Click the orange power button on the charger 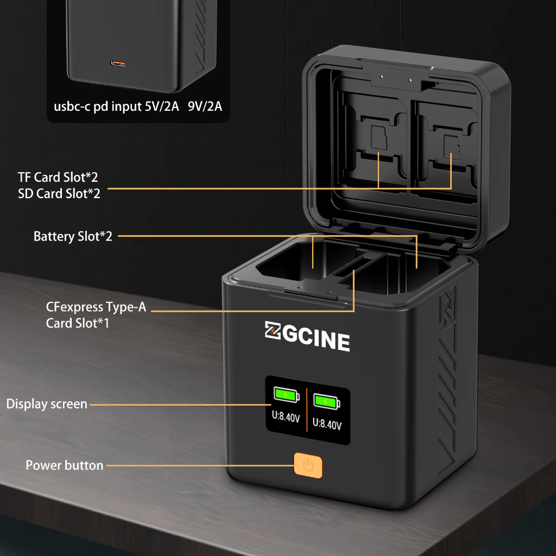pyautogui.click(x=308, y=466)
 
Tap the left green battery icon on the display pyautogui.click(x=286, y=394)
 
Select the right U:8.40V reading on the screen pyautogui.click(x=327, y=424)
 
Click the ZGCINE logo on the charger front pyautogui.click(x=307, y=337)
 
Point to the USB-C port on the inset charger pyautogui.click(x=118, y=64)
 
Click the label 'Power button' pyautogui.click(x=64, y=465)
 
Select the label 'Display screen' pyautogui.click(x=47, y=404)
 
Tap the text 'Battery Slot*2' pyautogui.click(x=73, y=236)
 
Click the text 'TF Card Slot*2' pyautogui.click(x=58, y=177)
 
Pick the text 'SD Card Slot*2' pyautogui.click(x=59, y=194)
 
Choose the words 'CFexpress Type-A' pyautogui.click(x=96, y=307)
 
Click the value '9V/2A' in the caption pyautogui.click(x=205, y=106)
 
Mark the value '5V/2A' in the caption pyautogui.click(x=162, y=106)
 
